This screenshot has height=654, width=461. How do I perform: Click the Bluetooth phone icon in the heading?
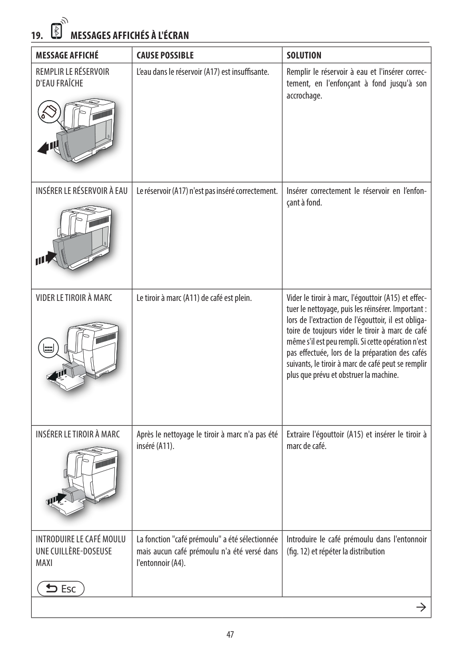click(x=55, y=31)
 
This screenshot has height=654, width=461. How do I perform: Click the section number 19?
click(x=36, y=36)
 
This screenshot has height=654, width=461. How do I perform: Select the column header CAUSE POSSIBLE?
click(x=165, y=55)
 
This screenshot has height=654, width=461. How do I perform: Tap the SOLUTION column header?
click(x=304, y=55)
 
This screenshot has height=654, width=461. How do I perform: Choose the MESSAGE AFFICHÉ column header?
click(x=67, y=55)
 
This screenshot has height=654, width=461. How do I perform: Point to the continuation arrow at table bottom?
click(x=420, y=607)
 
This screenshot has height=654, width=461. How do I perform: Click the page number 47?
click(x=230, y=634)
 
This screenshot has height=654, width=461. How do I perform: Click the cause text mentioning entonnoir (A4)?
click(x=207, y=551)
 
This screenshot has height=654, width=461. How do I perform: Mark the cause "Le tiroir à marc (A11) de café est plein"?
click(x=194, y=299)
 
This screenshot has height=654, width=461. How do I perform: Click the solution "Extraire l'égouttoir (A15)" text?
click(x=356, y=441)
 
